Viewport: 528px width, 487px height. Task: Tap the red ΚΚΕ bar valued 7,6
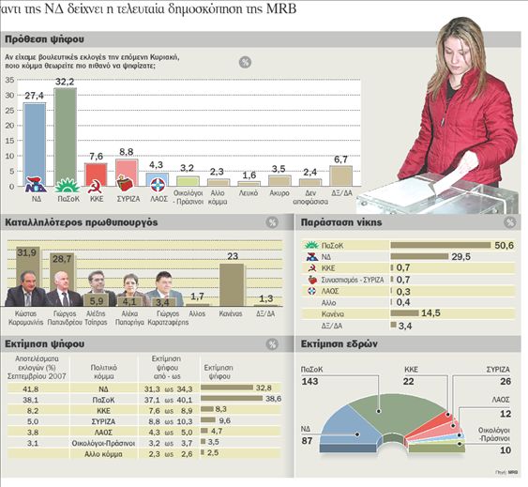pyautogui.click(x=96, y=175)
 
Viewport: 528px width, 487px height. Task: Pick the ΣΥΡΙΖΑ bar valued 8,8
pyautogui.click(x=127, y=173)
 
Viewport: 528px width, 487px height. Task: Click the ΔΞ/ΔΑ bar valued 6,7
pyautogui.click(x=340, y=175)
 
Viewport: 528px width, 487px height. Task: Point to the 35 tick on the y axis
pyautogui.click(x=10, y=79)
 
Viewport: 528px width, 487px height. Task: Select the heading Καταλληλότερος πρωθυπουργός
pyautogui.click(x=80, y=222)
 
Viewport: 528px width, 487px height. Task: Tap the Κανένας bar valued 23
pyautogui.click(x=232, y=284)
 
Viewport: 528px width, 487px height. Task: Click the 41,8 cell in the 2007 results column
pyautogui.click(x=31, y=387)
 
